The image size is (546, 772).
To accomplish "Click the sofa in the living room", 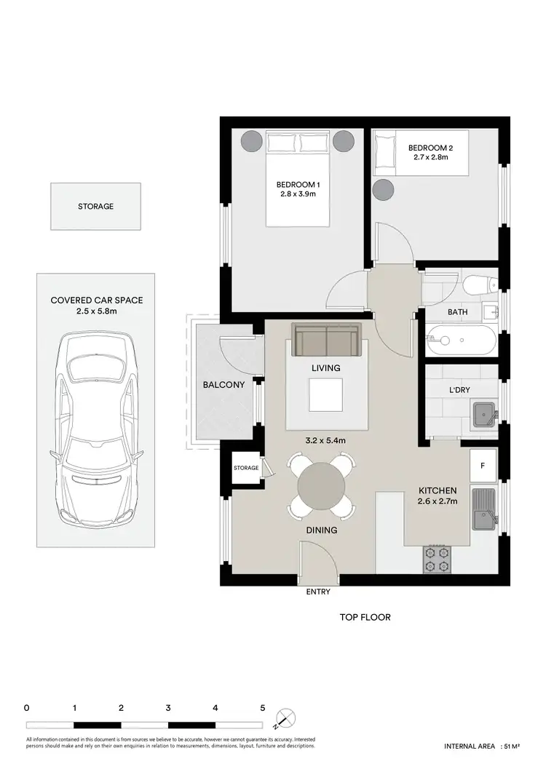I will click(x=327, y=339).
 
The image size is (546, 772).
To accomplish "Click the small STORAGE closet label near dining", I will click(x=246, y=468).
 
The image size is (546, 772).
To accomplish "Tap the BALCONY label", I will click(x=223, y=385).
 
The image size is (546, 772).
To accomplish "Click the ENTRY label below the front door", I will click(x=318, y=592).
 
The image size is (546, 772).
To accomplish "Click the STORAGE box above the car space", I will click(x=95, y=207).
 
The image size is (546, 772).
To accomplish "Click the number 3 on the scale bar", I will click(x=168, y=707).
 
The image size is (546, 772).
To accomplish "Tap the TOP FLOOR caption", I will click(x=365, y=617).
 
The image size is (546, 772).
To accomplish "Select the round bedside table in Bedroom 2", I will click(x=383, y=190).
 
